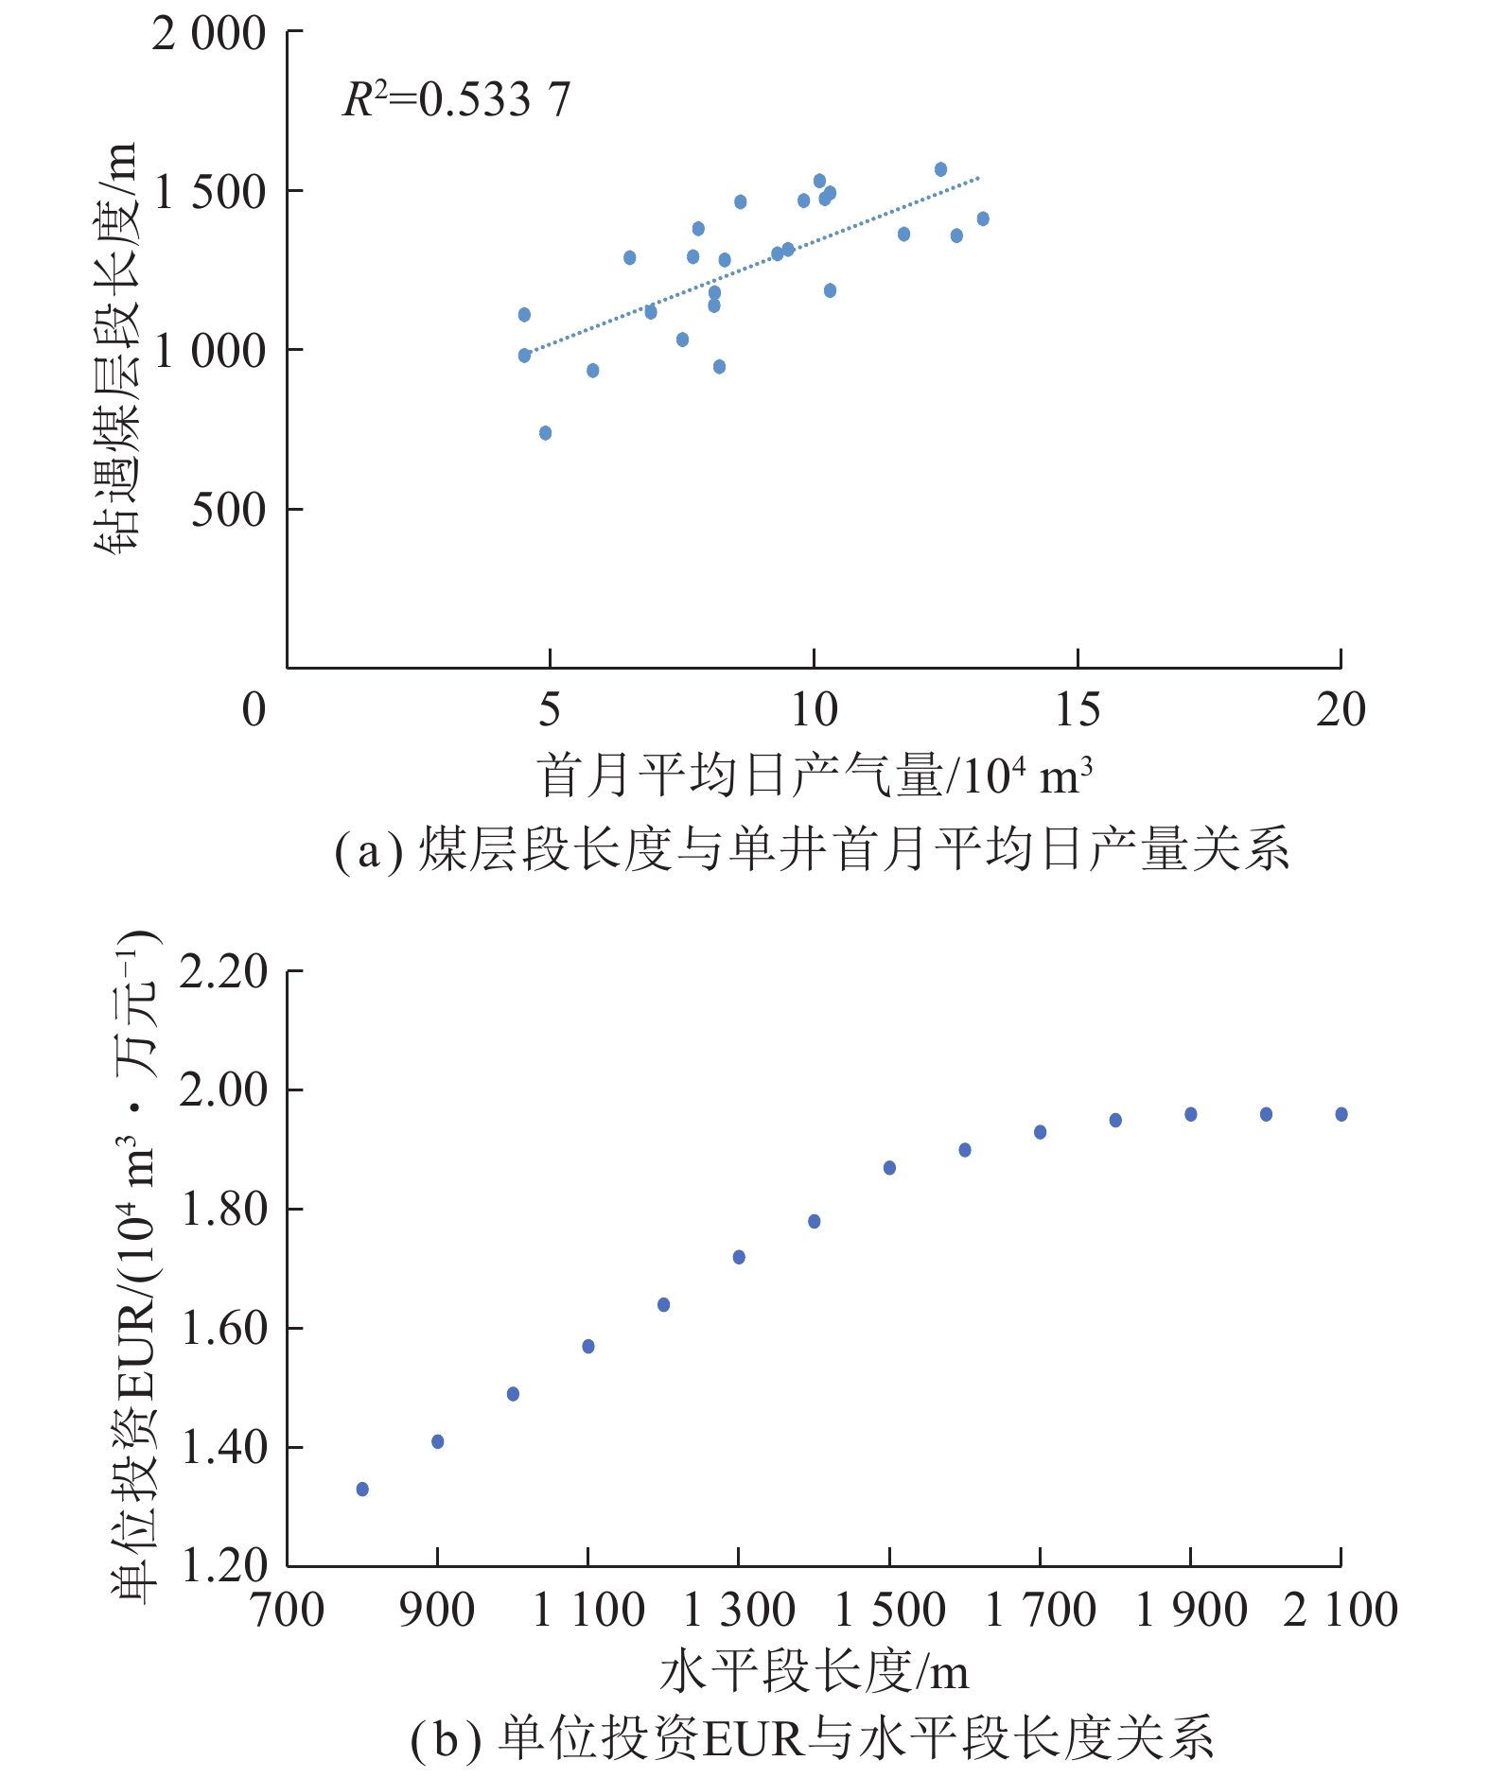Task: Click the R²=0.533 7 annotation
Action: (x=456, y=99)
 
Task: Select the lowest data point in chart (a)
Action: (x=545, y=433)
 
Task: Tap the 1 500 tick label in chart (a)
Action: (x=210, y=192)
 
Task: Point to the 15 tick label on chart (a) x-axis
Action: (x=1078, y=709)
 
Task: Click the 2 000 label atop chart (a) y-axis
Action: (x=209, y=34)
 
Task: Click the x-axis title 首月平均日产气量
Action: (x=815, y=776)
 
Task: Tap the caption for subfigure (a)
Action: (x=812, y=848)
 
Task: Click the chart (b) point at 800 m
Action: (x=362, y=1490)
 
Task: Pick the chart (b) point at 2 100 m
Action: (x=1341, y=1114)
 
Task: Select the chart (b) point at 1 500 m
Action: (x=889, y=1168)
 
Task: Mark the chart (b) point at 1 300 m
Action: (x=739, y=1257)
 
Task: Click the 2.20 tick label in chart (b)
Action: (x=224, y=972)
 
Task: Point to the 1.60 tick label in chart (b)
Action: (x=224, y=1329)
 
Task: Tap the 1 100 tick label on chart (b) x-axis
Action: (x=588, y=1611)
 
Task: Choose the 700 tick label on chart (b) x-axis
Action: (x=288, y=1611)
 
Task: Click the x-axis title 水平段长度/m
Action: (x=814, y=1672)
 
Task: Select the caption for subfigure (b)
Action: (x=812, y=1738)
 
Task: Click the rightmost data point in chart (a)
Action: (x=983, y=219)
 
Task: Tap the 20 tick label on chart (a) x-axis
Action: (x=1341, y=709)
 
